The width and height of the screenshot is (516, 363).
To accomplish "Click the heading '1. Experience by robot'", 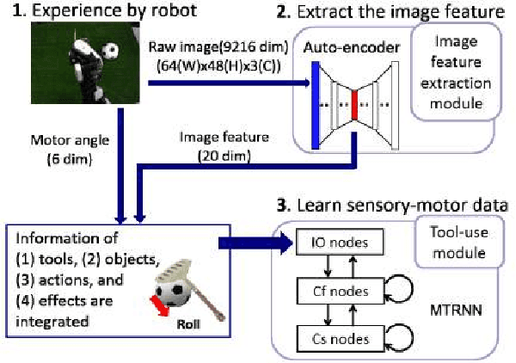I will point(107,12).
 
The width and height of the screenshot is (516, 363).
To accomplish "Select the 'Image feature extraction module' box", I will point(459,74).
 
